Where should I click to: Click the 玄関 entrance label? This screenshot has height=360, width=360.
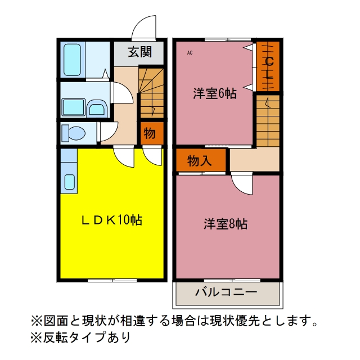[140, 52]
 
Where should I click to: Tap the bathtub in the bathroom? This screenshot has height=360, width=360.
[72, 60]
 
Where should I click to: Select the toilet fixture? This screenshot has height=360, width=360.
[74, 133]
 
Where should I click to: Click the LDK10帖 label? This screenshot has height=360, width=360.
[112, 220]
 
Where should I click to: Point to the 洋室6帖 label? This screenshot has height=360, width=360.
[215, 93]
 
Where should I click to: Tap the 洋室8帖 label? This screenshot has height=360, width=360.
[226, 224]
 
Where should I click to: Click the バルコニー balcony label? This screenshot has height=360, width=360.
[226, 292]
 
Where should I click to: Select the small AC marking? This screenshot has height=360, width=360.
[190, 53]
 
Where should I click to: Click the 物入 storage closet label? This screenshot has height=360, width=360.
[199, 160]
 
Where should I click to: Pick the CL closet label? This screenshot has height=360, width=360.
[269, 68]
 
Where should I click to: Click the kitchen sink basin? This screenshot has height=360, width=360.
[69, 182]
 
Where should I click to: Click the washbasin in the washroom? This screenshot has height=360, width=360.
[97, 109]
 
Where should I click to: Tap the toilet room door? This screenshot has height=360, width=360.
[107, 132]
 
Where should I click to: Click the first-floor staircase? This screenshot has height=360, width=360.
[151, 92]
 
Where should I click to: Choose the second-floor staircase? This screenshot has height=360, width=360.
[268, 121]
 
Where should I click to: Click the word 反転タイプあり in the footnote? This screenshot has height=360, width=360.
[87, 337]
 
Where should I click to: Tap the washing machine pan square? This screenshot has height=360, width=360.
[74, 107]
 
